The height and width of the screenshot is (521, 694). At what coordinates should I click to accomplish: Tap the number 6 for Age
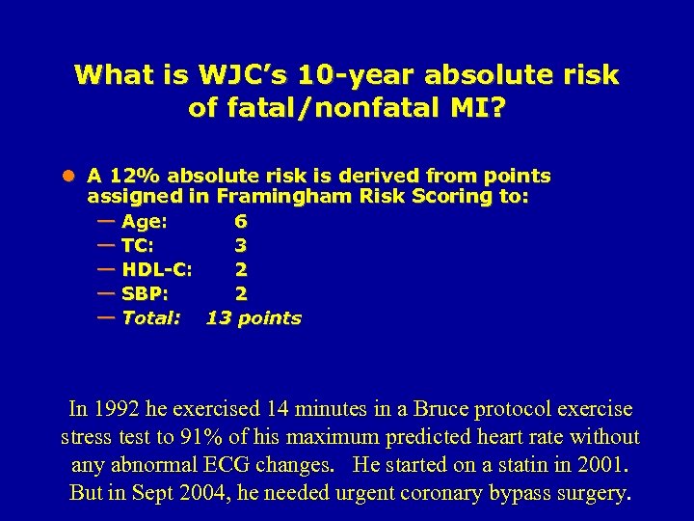[x=240, y=221]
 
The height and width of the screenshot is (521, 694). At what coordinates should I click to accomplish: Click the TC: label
[x=138, y=245]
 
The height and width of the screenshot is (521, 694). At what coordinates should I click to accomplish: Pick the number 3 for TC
[x=240, y=245]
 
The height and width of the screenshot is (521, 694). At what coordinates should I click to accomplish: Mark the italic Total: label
[x=151, y=317]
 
